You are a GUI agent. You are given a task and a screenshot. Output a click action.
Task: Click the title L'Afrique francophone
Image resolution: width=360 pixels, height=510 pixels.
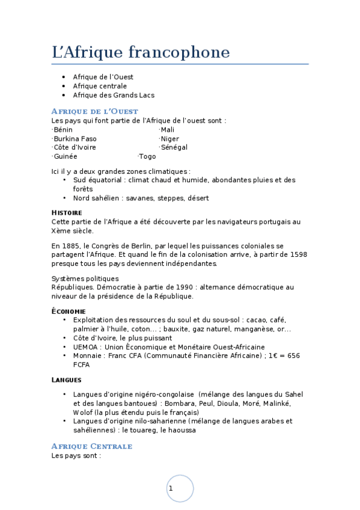[x=141, y=53]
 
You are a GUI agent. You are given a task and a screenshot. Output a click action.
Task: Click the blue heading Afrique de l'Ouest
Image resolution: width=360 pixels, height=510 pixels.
[x=95, y=111]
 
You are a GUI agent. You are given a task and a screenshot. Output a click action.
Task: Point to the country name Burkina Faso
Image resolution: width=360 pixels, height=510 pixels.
[x=75, y=139]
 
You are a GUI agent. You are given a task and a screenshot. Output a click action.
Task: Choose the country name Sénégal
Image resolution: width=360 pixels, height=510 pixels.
[x=174, y=147]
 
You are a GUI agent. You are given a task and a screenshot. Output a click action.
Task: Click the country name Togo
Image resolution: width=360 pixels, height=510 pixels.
[x=147, y=156]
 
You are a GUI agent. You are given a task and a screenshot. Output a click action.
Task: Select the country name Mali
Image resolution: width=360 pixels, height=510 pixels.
[x=168, y=130]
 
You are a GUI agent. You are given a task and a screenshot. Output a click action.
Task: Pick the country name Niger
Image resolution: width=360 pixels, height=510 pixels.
[x=170, y=139]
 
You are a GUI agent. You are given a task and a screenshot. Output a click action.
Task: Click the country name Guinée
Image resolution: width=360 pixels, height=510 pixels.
[x=65, y=156]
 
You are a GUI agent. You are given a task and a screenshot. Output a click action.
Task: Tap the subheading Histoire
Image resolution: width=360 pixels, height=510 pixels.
[x=67, y=213]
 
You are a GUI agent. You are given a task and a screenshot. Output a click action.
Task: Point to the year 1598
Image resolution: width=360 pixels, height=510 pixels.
[x=298, y=254]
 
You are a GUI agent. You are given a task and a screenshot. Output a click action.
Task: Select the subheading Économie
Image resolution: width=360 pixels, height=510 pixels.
[x=69, y=312]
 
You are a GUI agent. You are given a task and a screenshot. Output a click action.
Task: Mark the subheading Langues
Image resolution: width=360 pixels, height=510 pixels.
[x=66, y=380]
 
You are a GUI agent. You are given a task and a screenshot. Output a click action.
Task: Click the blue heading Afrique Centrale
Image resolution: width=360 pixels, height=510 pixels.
[x=92, y=446]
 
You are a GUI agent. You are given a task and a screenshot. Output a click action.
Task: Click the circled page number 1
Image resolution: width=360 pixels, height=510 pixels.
[x=171, y=488]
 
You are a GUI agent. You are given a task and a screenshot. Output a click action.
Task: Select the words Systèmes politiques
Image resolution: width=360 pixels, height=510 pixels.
[x=85, y=278]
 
